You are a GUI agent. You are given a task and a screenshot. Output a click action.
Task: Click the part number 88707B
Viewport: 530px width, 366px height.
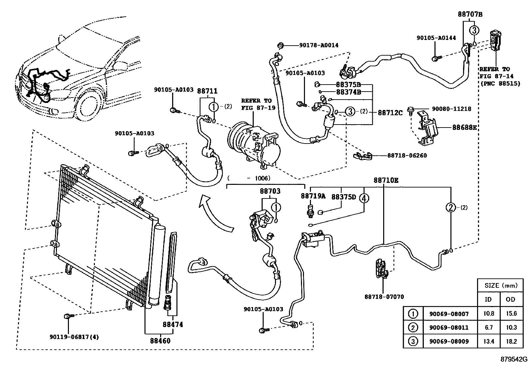click(470, 14)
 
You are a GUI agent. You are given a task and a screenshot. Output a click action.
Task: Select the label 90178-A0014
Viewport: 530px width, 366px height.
click(319, 45)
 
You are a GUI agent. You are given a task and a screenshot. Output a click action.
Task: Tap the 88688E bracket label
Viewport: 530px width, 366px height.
click(464, 127)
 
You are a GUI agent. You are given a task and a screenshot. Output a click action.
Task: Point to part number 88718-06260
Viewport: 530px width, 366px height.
click(407, 155)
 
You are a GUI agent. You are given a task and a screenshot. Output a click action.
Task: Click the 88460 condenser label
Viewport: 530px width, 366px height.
click(160, 341)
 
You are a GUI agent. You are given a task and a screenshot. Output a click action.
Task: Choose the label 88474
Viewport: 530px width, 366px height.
click(173, 324)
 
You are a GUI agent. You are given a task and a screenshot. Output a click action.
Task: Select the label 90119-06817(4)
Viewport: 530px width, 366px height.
click(74, 337)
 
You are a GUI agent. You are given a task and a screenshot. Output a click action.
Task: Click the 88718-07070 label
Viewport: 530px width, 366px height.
click(384, 297)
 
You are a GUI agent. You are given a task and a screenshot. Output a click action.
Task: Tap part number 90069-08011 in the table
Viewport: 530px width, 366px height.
click(449, 327)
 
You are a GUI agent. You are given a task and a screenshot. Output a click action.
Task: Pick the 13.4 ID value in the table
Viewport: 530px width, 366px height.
click(489, 341)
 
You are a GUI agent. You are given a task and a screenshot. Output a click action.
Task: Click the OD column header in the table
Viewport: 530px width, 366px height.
click(510, 299)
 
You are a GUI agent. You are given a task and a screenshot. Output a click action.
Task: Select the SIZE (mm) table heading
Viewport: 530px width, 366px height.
click(501, 285)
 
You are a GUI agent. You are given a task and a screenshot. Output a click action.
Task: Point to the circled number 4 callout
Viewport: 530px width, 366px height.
click(364, 198)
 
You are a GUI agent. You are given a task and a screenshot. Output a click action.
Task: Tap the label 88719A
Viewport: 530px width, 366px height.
click(313, 196)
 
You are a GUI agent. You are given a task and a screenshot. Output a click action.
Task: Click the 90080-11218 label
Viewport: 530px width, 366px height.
click(451, 109)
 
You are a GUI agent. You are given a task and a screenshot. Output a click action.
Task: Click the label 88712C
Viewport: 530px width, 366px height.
click(390, 113)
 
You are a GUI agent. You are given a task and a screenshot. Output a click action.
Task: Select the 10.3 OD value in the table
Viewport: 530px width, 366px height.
click(511, 327)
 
